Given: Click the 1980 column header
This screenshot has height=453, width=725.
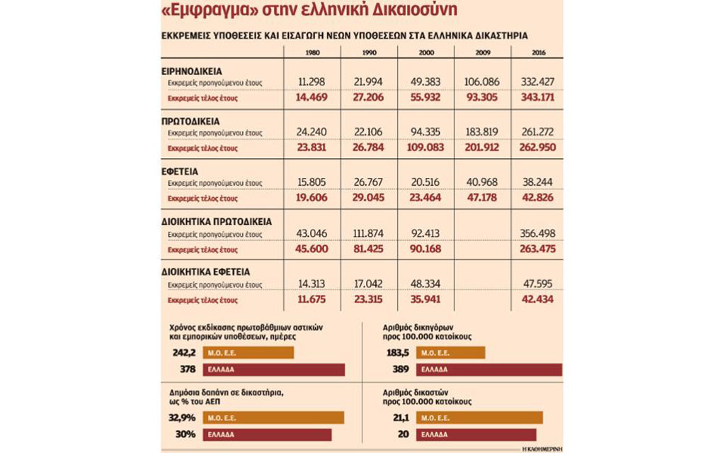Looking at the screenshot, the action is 312,52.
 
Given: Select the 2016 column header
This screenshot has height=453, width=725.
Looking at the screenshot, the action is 538,52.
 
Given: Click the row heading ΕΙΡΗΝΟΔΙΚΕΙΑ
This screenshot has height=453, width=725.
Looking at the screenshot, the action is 192,72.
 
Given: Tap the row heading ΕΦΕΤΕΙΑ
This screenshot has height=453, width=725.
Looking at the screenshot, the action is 180,172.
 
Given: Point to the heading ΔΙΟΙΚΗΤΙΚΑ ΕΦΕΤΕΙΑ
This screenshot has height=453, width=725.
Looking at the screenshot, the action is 206,272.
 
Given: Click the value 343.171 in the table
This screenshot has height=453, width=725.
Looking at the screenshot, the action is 537,97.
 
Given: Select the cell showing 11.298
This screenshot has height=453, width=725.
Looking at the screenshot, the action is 312,82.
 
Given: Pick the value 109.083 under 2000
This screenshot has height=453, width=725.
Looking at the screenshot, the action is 426,147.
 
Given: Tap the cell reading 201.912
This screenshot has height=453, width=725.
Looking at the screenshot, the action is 481,147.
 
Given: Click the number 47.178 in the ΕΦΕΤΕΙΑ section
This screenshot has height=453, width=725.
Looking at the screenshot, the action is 481,197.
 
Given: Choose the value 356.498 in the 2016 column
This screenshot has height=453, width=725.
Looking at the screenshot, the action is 537,233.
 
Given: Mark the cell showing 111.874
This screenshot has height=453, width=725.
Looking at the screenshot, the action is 368,233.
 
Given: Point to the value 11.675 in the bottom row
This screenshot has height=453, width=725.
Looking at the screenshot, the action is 312,299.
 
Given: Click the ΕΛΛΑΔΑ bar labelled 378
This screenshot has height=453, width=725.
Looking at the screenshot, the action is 274,369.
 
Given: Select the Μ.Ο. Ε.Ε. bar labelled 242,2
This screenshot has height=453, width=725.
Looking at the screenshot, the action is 249,353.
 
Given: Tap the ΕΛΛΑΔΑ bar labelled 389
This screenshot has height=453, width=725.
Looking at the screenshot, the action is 489,369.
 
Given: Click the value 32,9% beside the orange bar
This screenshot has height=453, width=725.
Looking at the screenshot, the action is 182,418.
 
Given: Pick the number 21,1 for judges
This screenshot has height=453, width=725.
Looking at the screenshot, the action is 401,418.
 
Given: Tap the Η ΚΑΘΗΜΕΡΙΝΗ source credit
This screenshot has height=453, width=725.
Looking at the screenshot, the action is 542,449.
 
